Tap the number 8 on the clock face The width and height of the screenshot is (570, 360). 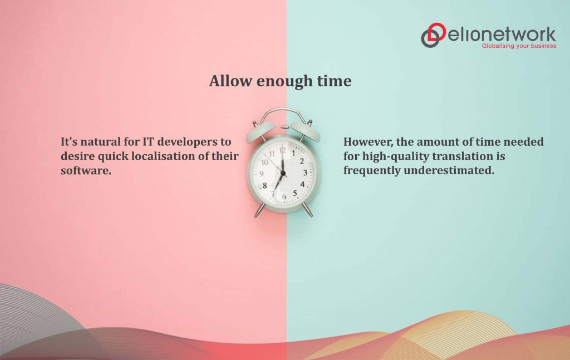click(264, 185)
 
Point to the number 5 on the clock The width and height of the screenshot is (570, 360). click(295, 193)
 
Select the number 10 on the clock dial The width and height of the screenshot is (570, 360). click(265, 162)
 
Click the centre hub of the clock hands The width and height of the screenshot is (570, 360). click(283, 174)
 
